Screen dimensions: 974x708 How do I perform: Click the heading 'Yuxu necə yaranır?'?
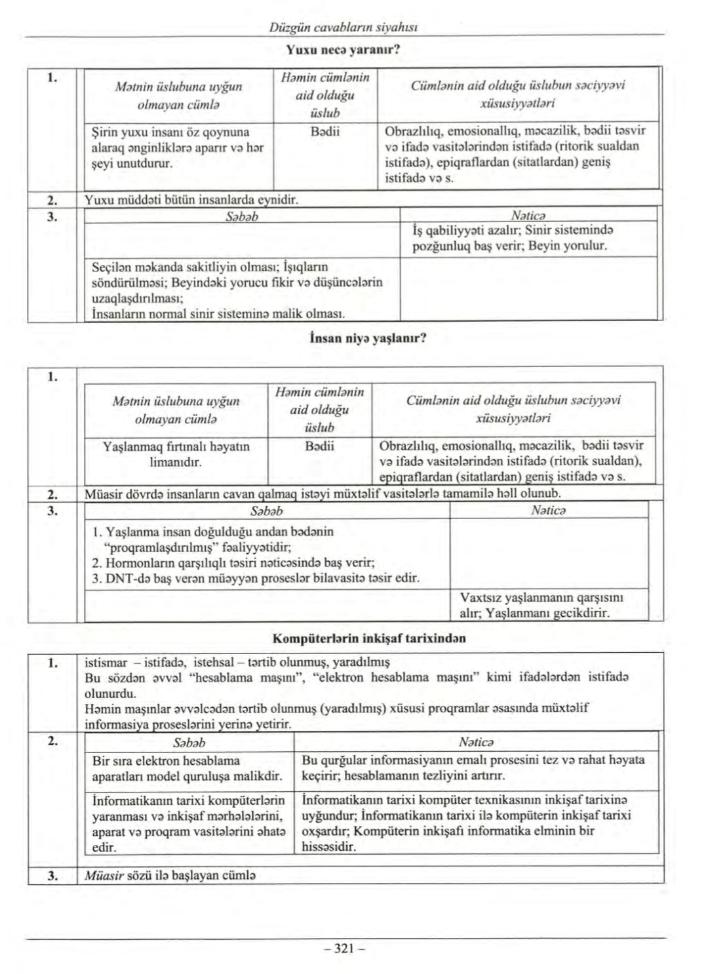pyautogui.click(x=344, y=49)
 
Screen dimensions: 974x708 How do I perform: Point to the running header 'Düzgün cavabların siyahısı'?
pyautogui.click(x=344, y=28)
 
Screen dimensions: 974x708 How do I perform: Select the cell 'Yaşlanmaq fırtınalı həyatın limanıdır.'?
pyautogui.click(x=176, y=454)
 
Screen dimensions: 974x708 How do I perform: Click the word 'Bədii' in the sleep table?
pyautogui.click(x=325, y=130)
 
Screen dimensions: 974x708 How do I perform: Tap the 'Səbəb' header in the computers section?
pyautogui.click(x=189, y=742)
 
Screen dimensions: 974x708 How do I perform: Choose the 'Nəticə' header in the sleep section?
pyautogui.click(x=528, y=215)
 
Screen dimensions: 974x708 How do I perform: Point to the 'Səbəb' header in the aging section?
pyautogui.click(x=267, y=510)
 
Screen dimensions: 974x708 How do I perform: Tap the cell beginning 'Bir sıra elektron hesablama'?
pyautogui.click(x=186, y=768)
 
